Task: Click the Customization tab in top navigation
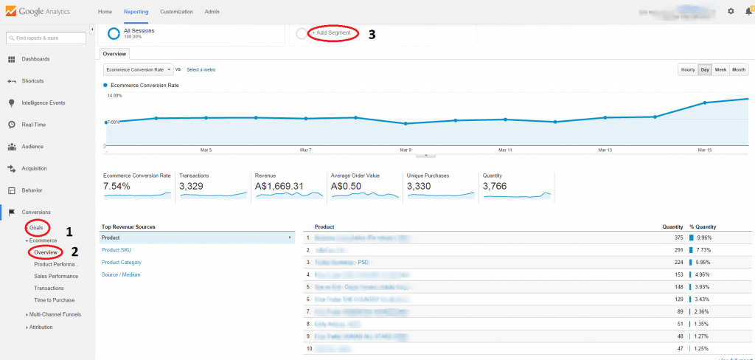(x=176, y=12)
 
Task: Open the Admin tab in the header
(x=212, y=12)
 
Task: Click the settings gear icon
(x=731, y=11)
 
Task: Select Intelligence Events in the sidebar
(x=43, y=103)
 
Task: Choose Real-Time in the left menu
(x=34, y=125)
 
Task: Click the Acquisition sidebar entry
(x=34, y=168)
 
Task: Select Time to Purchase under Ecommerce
(x=54, y=300)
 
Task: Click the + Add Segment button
(x=331, y=33)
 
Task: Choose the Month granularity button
(x=739, y=69)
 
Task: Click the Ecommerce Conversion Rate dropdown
(x=138, y=69)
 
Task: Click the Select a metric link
(x=201, y=69)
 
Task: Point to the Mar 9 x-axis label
(x=405, y=150)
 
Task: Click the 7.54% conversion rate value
(x=117, y=186)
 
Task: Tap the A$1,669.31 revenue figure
(x=279, y=186)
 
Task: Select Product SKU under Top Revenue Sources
(x=117, y=250)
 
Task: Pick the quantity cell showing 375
(x=669, y=238)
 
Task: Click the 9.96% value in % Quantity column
(x=702, y=238)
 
